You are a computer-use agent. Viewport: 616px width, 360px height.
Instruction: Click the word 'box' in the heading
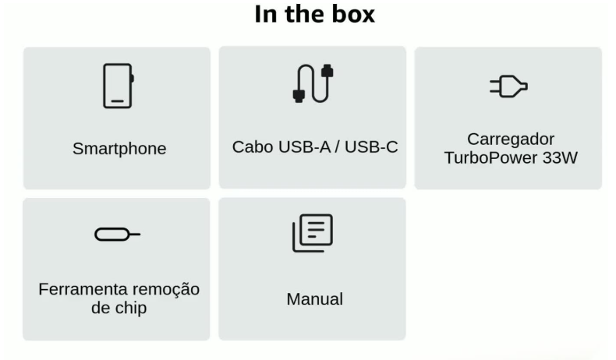pos(353,14)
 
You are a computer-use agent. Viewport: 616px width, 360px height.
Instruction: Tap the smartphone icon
pos(119,86)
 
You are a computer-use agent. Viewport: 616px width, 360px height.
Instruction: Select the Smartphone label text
pos(119,149)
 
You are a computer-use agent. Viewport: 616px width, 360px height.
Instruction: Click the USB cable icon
pos(313,83)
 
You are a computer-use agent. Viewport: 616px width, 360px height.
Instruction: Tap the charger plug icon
pos(508,86)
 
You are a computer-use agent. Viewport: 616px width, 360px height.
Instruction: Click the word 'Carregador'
pos(511,139)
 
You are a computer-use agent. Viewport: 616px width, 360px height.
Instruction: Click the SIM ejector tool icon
pos(118,235)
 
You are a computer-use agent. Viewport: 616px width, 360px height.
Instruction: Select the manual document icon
pos(313,233)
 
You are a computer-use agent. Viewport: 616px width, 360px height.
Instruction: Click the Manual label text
pos(315,299)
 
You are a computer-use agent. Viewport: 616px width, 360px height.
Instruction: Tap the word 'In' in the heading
pos(266,14)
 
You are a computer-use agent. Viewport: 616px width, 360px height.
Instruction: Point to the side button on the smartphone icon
pos(133,79)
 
